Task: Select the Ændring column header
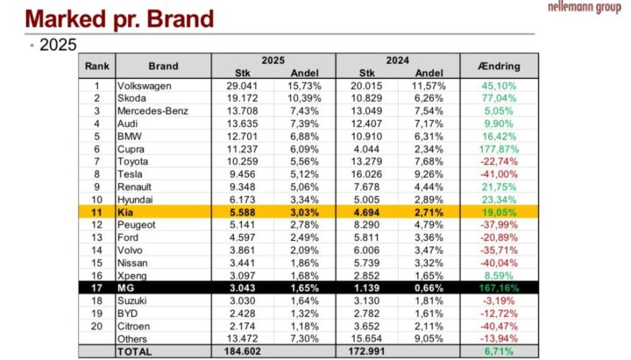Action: pyautogui.click(x=498, y=66)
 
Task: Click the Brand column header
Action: pyautogui.click(x=163, y=66)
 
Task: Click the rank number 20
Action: pyautogui.click(x=96, y=326)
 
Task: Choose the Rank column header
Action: pyautogui.click(x=96, y=66)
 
